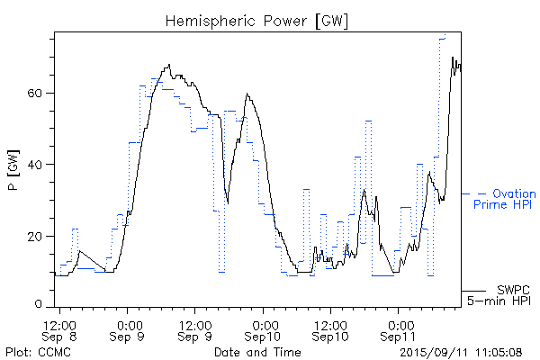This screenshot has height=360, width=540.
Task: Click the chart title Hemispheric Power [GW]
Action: [256, 20]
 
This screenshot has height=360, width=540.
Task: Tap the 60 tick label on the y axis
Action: [38, 93]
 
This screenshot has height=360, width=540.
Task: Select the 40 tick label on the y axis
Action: [38, 164]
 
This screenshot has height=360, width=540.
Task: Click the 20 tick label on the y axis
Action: [38, 236]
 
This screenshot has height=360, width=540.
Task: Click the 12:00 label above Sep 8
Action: [60, 324]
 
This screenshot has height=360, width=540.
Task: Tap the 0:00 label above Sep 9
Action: [129, 324]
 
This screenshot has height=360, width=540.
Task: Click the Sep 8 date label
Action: [60, 337]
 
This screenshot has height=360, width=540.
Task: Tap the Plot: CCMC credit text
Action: [33, 351]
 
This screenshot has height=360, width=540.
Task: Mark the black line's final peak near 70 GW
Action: [453, 58]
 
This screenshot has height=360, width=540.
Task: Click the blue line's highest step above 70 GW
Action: [443, 37]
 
